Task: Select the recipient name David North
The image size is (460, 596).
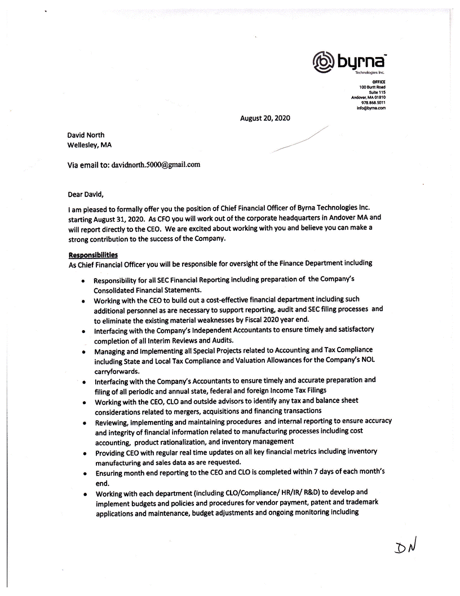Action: [86, 135]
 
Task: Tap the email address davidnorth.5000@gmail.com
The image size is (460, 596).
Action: [156, 165]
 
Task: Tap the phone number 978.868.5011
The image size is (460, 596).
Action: [374, 102]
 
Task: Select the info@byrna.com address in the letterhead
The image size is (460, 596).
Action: [371, 107]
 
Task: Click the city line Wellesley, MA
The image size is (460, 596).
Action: [90, 145]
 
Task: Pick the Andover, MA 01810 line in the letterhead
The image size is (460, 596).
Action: [369, 97]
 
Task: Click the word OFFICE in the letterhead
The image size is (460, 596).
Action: [378, 82]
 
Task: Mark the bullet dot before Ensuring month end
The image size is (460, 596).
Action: [83, 474]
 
